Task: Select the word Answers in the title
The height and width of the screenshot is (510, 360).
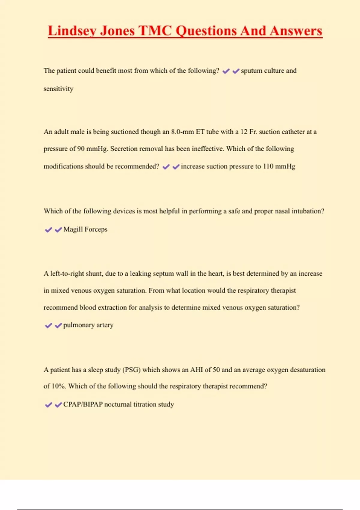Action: [296, 31]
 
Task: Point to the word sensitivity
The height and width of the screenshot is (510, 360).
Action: [58, 89]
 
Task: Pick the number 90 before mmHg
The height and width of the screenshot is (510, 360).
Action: [81, 149]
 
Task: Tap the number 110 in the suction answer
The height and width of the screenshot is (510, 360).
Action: [268, 166]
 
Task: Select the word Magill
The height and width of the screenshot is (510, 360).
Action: [73, 229]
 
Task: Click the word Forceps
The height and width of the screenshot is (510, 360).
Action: [96, 229]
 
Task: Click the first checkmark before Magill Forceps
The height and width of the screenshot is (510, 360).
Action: [48, 230]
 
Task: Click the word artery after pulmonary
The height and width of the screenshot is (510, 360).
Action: [105, 325]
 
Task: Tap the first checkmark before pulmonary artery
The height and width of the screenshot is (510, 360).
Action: [48, 326]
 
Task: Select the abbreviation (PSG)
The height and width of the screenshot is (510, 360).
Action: [131, 370]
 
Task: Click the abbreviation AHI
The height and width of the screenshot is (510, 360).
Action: [196, 370]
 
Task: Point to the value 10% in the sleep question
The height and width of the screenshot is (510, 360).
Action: [59, 386]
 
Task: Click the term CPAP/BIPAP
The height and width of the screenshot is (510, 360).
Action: [83, 404]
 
